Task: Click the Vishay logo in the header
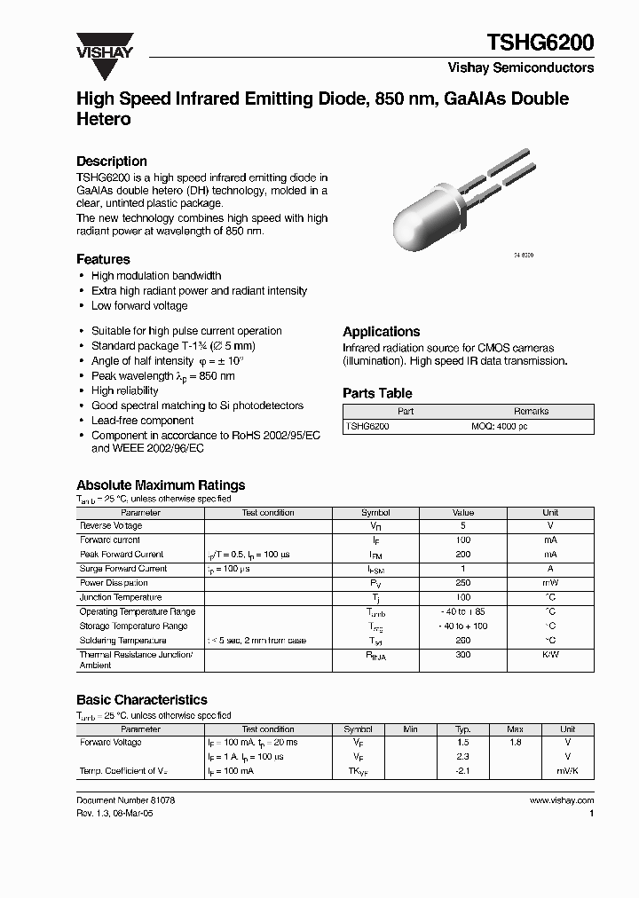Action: [104, 44]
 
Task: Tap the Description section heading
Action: [111, 161]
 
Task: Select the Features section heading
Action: [103, 259]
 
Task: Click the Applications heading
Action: [381, 331]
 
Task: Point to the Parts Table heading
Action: [377, 393]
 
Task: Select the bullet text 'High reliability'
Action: [125, 390]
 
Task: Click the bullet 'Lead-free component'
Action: [142, 421]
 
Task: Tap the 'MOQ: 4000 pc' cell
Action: [499, 427]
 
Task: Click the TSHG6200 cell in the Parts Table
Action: [367, 427]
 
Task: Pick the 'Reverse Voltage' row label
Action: [111, 526]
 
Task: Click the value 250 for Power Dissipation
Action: [462, 583]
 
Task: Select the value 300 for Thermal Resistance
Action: [462, 655]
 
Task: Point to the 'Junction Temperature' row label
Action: [121, 597]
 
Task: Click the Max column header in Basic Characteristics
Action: [515, 729]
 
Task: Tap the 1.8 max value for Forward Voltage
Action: [515, 742]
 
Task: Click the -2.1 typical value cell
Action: [462, 771]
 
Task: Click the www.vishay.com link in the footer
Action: [561, 800]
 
